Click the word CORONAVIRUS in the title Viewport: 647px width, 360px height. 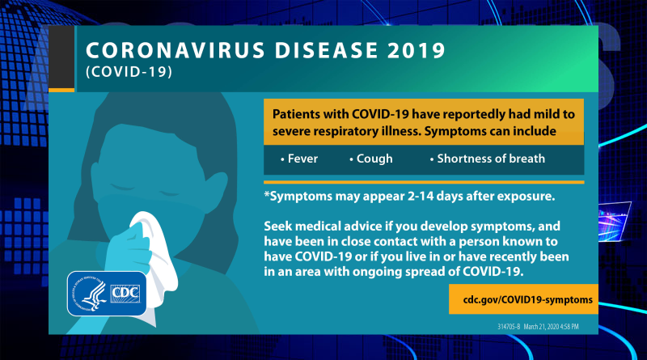click(175, 50)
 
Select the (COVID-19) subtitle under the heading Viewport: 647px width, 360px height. click(129, 72)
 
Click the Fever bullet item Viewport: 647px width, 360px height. click(299, 159)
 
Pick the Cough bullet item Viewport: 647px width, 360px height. click(371, 159)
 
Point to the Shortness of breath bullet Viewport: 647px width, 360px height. click(488, 159)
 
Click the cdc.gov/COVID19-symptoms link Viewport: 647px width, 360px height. click(528, 299)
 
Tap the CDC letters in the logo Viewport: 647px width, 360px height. click(125, 293)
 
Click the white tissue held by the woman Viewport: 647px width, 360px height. click(154, 256)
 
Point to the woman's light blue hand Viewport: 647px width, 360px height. click(127, 252)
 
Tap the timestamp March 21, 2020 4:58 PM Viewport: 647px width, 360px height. click(552, 327)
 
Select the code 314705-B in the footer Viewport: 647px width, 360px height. click(509, 327)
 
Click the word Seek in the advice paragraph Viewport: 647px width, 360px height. click(278, 227)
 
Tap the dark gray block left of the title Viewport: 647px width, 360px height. click(61, 57)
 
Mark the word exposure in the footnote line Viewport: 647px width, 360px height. click(526, 197)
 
